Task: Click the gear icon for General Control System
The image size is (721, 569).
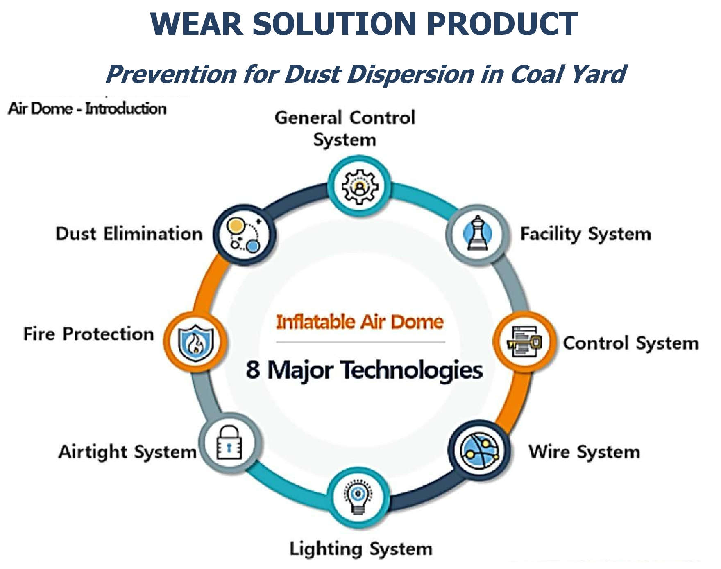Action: (360, 187)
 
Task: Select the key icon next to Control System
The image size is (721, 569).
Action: (525, 342)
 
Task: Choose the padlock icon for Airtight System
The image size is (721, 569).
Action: (229, 443)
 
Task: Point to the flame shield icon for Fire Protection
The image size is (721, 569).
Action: (196, 343)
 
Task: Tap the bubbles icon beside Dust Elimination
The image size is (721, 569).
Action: (245, 235)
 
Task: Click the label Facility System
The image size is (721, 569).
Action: (585, 234)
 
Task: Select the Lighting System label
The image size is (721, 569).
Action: (361, 549)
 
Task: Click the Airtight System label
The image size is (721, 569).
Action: (127, 452)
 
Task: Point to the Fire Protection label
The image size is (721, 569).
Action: (88, 334)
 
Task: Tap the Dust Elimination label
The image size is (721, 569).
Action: (129, 234)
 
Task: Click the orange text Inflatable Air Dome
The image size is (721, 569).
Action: (360, 322)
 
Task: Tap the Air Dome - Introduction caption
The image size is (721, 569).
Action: (87, 108)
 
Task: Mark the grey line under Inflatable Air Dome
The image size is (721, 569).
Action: (360, 342)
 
